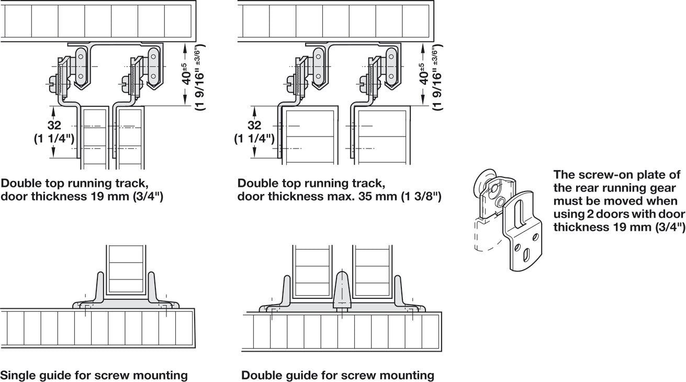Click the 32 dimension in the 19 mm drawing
pyautogui.click(x=54, y=126)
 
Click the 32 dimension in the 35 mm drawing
pyautogui.click(x=254, y=126)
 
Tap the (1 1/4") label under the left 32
pyautogui.click(x=54, y=139)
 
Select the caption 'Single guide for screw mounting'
pyautogui.click(x=94, y=375)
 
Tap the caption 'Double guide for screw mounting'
pyautogui.click(x=338, y=375)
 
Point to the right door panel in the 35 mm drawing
pyautogui.click(x=382, y=136)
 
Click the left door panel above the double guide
pyautogui.click(x=312, y=267)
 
